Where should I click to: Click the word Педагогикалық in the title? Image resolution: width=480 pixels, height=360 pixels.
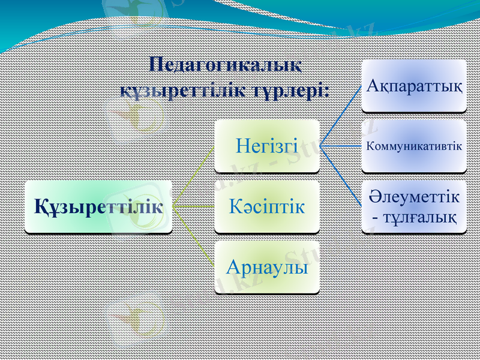[x=226, y=64]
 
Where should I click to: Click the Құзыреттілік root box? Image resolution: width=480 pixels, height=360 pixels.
[x=98, y=207]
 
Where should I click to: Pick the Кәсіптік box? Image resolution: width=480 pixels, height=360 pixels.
[x=267, y=206]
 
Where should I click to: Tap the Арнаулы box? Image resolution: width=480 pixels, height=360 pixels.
[x=267, y=268]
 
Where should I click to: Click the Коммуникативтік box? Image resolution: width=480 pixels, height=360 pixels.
[x=414, y=145]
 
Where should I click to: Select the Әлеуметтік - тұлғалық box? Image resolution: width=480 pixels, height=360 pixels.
[x=414, y=206]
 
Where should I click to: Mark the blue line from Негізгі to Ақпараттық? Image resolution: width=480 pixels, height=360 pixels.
[x=342, y=114]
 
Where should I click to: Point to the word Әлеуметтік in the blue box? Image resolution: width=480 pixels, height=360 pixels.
[x=414, y=197]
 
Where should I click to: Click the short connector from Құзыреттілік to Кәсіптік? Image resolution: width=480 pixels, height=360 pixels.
[x=193, y=207]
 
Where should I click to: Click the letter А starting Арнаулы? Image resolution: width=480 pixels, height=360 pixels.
[x=233, y=268]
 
